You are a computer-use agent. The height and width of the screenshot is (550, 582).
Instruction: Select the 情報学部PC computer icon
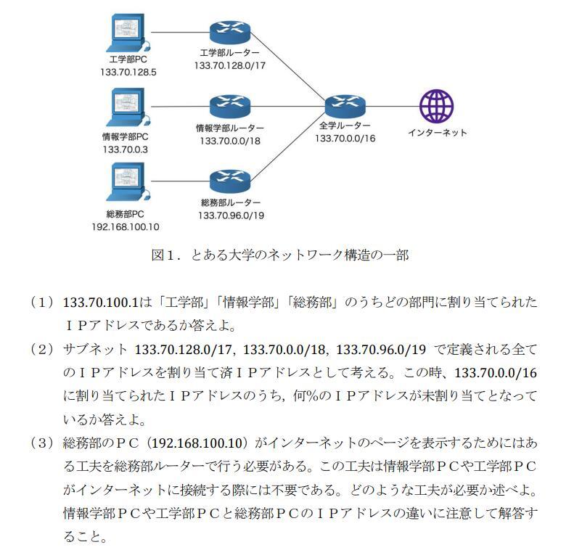click(128, 108)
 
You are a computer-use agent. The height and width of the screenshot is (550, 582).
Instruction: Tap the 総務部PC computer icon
click(128, 182)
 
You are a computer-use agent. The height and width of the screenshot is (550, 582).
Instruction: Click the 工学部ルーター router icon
click(229, 32)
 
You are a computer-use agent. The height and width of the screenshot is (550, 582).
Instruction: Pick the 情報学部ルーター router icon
click(229, 107)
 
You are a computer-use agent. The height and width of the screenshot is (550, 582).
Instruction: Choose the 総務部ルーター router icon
click(229, 180)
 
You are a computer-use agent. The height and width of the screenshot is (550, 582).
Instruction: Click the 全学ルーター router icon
click(345, 106)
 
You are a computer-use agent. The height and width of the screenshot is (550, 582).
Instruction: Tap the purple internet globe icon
click(437, 106)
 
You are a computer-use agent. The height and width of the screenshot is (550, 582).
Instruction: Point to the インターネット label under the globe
click(437, 133)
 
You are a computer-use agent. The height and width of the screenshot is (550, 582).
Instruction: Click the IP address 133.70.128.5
click(128, 73)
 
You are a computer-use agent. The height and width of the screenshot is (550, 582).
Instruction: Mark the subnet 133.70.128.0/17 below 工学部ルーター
click(229, 65)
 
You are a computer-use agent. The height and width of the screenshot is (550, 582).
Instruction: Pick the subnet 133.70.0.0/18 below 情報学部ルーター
click(229, 140)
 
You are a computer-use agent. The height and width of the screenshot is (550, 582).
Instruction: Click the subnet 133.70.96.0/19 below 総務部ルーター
click(230, 215)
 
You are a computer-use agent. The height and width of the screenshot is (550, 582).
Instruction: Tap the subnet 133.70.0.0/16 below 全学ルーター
click(345, 138)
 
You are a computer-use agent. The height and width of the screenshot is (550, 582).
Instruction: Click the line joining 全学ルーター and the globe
click(392, 106)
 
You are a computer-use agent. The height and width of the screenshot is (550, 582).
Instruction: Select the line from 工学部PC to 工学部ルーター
click(179, 32)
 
